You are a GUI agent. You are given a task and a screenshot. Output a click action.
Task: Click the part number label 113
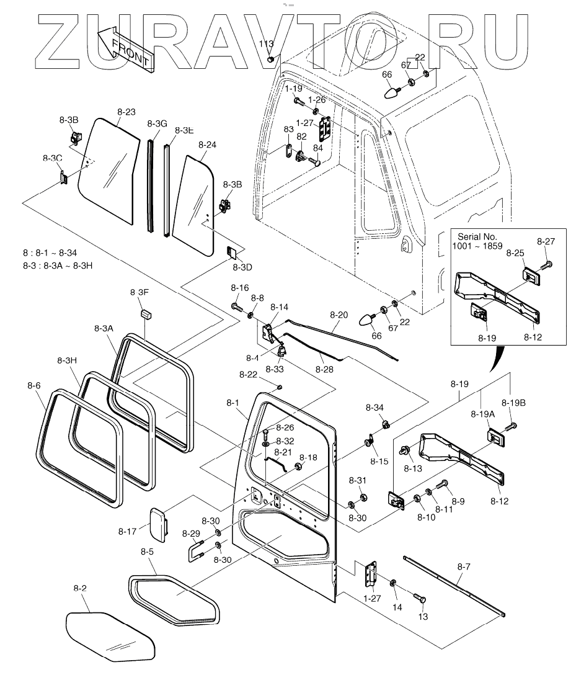coord(265,44)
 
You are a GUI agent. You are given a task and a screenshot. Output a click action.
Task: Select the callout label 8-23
coord(126,112)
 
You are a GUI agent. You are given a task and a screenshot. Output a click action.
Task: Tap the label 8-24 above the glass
coord(207,145)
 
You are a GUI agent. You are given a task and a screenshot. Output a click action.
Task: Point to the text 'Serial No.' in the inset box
coord(477,236)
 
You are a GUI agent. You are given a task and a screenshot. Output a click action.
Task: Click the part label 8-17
coord(127,531)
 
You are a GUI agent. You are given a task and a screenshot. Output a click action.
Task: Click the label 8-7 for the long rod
coord(464,566)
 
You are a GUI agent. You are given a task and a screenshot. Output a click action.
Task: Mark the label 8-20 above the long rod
coord(339,315)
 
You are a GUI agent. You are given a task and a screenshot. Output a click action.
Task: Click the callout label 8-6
coord(34,385)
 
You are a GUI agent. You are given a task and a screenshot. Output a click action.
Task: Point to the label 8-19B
coord(513,403)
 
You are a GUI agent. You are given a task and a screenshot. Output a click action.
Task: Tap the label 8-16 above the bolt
coord(239,288)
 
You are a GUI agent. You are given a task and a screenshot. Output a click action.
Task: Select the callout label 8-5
coord(147,551)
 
